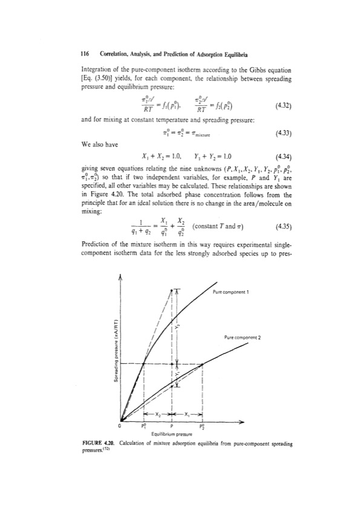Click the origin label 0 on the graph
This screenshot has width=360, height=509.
119,425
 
